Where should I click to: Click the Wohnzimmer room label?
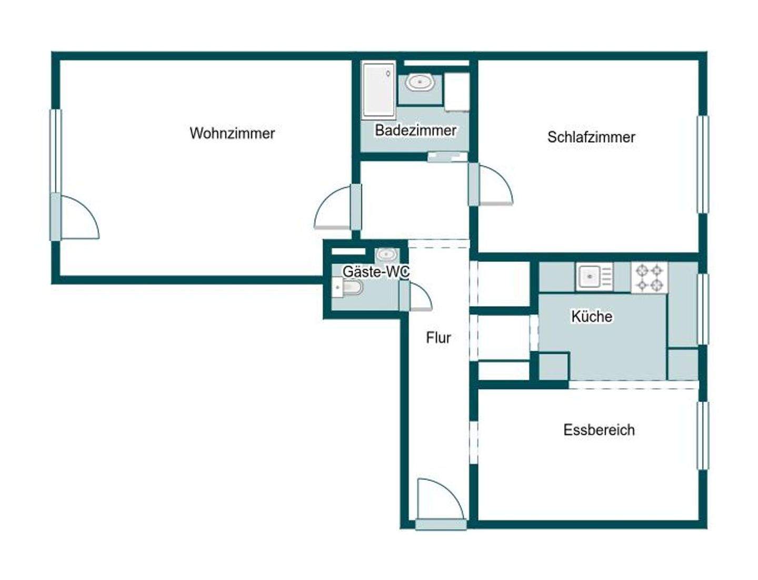232,133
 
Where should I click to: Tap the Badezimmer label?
415,130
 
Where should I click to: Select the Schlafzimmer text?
591,137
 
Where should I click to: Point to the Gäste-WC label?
376,272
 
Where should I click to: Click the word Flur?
438,338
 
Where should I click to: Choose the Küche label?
592,317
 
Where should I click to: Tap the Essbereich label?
599,430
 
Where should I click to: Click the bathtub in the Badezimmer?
378,90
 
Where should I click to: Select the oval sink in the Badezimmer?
420,82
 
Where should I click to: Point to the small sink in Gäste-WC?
386,254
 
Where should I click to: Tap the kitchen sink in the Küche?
594,277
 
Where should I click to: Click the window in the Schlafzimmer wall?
703,164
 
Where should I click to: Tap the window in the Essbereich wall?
703,435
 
